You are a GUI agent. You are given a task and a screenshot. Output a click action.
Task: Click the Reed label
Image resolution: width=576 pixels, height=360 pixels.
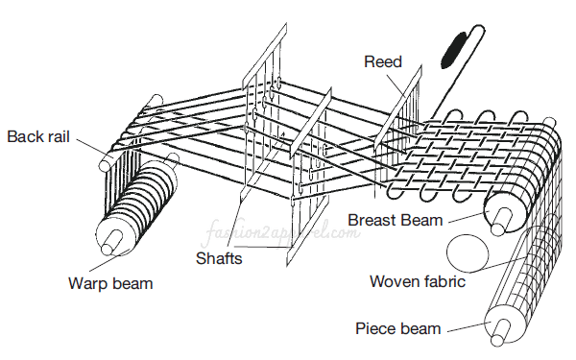(x=382, y=61)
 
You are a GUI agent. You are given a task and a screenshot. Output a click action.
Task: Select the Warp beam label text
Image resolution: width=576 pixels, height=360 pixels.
(x=110, y=283)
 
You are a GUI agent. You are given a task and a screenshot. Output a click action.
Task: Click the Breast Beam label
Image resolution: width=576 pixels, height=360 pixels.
(x=396, y=220)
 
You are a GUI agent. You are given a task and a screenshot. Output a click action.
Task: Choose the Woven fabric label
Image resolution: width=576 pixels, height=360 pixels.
(x=419, y=281)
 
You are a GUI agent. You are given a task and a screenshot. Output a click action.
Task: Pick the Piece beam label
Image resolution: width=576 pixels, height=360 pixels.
(x=398, y=328)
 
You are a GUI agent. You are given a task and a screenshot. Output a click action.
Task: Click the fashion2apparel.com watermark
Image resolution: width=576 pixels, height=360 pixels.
(x=272, y=235)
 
